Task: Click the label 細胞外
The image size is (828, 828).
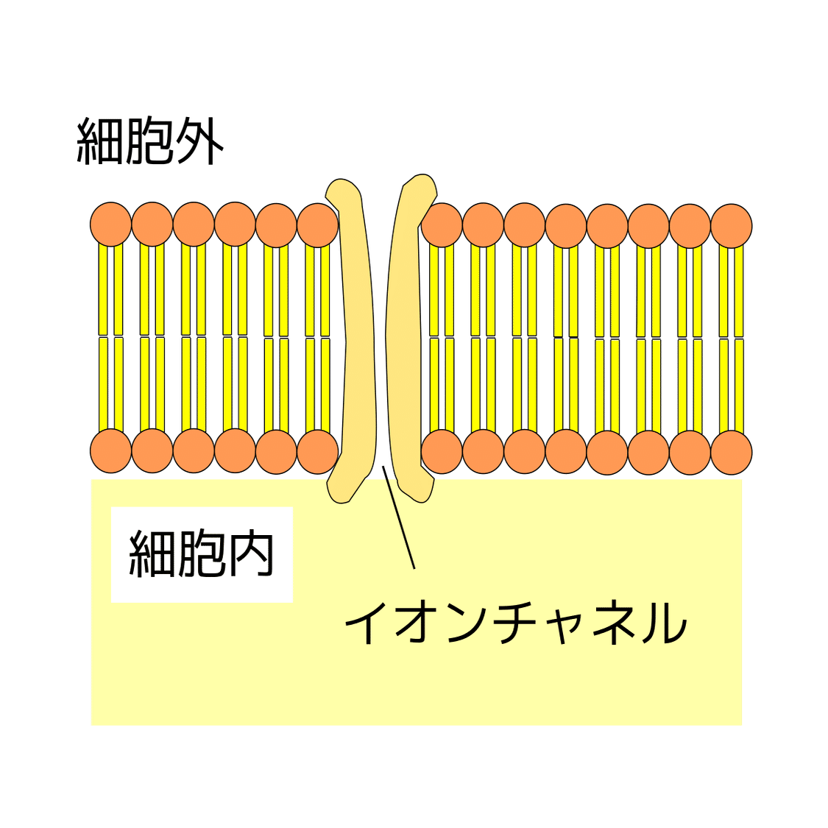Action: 150,141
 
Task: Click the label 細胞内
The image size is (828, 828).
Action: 201,554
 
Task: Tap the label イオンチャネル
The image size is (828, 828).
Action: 514,623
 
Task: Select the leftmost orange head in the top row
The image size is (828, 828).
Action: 111,224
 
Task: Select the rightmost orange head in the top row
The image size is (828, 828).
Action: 731,224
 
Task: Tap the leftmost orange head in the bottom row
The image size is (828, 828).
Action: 111,451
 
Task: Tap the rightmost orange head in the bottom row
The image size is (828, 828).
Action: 731,451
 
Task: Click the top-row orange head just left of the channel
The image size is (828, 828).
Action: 317,224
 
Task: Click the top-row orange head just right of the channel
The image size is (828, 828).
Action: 442,224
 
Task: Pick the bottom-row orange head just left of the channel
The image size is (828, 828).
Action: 317,451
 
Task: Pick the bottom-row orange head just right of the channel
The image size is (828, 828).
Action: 442,451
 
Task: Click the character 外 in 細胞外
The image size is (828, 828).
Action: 199,141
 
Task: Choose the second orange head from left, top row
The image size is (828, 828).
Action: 152,224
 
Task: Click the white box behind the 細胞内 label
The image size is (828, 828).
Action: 132,589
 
